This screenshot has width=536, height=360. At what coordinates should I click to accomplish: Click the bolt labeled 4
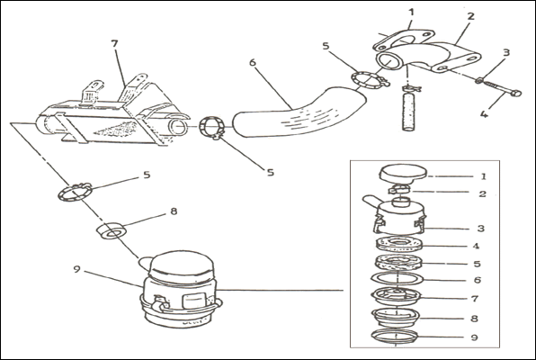click(x=503, y=87)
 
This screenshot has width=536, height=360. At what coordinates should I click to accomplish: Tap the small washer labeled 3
click(x=479, y=81)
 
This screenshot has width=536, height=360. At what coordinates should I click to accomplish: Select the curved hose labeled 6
click(x=299, y=112)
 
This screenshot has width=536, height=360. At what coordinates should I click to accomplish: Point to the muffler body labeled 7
click(x=112, y=112)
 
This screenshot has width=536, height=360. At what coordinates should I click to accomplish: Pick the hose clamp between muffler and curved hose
click(x=212, y=128)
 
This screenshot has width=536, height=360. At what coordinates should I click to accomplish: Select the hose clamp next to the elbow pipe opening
click(x=370, y=80)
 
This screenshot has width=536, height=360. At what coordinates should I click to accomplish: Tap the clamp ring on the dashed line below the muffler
click(x=75, y=192)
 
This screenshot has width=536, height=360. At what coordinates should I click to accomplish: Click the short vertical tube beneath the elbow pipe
click(x=408, y=112)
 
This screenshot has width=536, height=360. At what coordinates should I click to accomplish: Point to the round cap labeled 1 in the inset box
click(x=403, y=173)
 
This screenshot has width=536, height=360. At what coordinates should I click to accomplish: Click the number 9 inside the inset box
click(x=474, y=337)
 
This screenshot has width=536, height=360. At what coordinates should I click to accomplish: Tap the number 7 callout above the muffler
click(x=114, y=44)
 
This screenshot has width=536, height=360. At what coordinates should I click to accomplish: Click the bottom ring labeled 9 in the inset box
click(x=394, y=337)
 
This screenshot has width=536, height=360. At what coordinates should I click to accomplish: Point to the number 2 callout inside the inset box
click(x=482, y=194)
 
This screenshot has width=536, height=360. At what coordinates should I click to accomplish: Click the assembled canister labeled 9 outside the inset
click(x=180, y=290)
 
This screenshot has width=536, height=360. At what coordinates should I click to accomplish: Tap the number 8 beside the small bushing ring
click(x=174, y=211)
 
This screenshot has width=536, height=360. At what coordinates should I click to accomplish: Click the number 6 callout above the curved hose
click(x=253, y=63)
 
